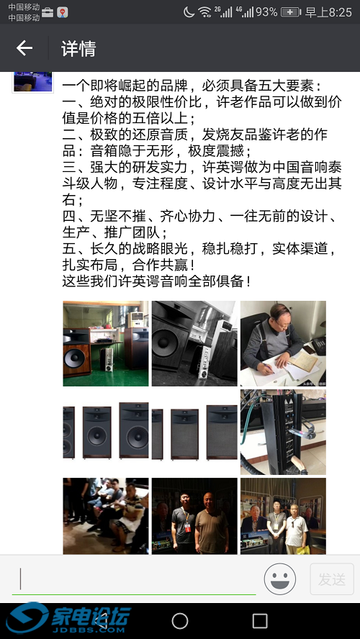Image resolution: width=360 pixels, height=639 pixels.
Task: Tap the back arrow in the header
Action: point(24,48)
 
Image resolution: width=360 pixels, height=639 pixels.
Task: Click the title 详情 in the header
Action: point(78,49)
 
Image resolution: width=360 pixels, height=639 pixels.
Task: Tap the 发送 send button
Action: point(332,579)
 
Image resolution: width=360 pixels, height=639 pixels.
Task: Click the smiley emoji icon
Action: point(281,579)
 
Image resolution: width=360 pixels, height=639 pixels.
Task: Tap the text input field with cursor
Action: point(137,579)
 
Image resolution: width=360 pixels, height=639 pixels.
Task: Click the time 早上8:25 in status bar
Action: point(328,12)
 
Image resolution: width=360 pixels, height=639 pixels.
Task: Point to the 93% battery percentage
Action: point(266,12)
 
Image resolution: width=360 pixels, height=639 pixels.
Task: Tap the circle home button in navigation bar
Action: point(180,620)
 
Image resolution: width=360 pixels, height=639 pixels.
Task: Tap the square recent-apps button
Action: point(260,620)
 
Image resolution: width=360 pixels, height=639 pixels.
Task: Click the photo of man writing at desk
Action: point(283,343)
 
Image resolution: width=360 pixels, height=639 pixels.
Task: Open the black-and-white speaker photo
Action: point(194,343)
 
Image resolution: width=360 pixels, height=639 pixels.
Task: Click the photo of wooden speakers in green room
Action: point(106,343)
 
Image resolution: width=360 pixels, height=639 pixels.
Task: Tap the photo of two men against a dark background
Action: point(194,515)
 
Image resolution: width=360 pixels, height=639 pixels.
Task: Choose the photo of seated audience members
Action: point(106,515)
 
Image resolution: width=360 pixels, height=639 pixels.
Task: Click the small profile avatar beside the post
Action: point(32,81)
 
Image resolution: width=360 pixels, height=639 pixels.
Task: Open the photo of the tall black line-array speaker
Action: point(283,432)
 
